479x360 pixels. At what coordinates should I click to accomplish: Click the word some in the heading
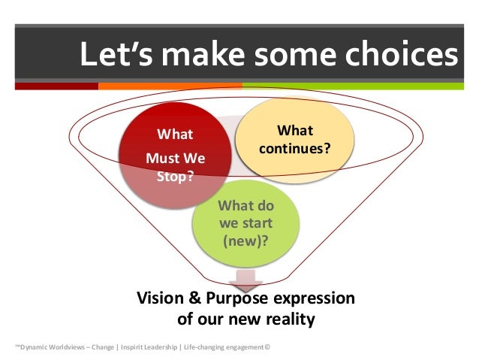coord(283,55)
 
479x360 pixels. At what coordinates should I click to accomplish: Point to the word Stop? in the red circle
coord(174,177)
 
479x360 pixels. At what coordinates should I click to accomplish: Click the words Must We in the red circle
coord(174,159)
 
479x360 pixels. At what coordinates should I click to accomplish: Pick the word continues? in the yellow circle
coord(294,148)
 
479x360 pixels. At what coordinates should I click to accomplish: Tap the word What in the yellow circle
coord(294,131)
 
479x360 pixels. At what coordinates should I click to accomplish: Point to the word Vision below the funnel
coord(160,299)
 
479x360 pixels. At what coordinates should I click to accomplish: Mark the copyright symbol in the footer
coord(267,346)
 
